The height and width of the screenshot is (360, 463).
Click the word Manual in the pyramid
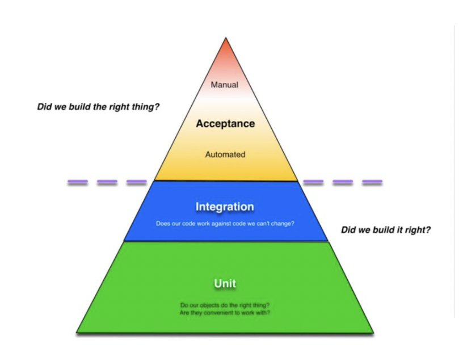tap(225, 85)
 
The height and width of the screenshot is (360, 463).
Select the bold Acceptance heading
tap(225, 123)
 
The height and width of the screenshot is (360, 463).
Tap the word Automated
tap(225, 154)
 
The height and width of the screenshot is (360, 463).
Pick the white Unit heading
tap(225, 283)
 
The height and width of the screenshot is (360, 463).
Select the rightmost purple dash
tap(372, 182)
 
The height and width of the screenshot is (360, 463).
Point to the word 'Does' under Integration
tap(162, 223)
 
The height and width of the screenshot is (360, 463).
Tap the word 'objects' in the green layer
tap(205, 305)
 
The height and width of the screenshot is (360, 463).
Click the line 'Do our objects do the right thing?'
tap(225, 305)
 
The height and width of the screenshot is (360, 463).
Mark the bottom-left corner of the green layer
tap(78, 331)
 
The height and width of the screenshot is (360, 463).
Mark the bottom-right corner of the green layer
tap(374, 331)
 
